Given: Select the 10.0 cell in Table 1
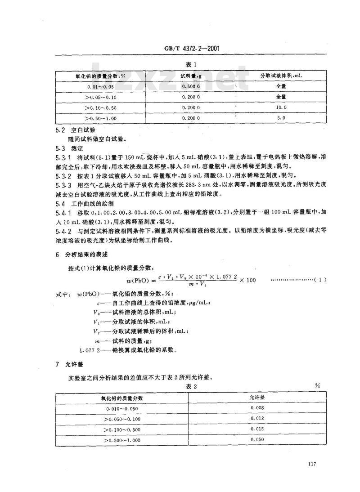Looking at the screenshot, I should point(281,107).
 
